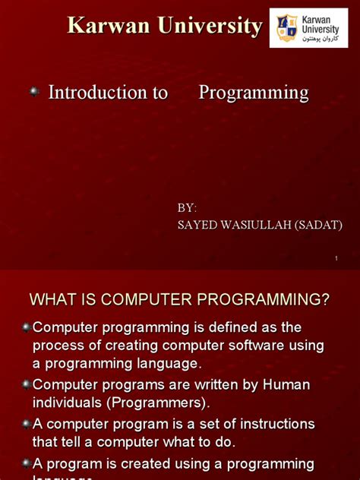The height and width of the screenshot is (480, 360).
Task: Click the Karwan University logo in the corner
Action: click(x=308, y=28)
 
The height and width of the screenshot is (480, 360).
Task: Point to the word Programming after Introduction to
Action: click(x=254, y=93)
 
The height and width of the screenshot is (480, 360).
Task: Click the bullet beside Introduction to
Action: click(x=34, y=92)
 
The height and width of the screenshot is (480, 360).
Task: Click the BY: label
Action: click(x=187, y=207)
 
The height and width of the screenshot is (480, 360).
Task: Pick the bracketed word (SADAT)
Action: click(x=315, y=225)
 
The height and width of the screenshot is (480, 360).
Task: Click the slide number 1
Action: click(x=335, y=260)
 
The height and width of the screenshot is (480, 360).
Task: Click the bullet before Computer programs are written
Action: click(x=27, y=385)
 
